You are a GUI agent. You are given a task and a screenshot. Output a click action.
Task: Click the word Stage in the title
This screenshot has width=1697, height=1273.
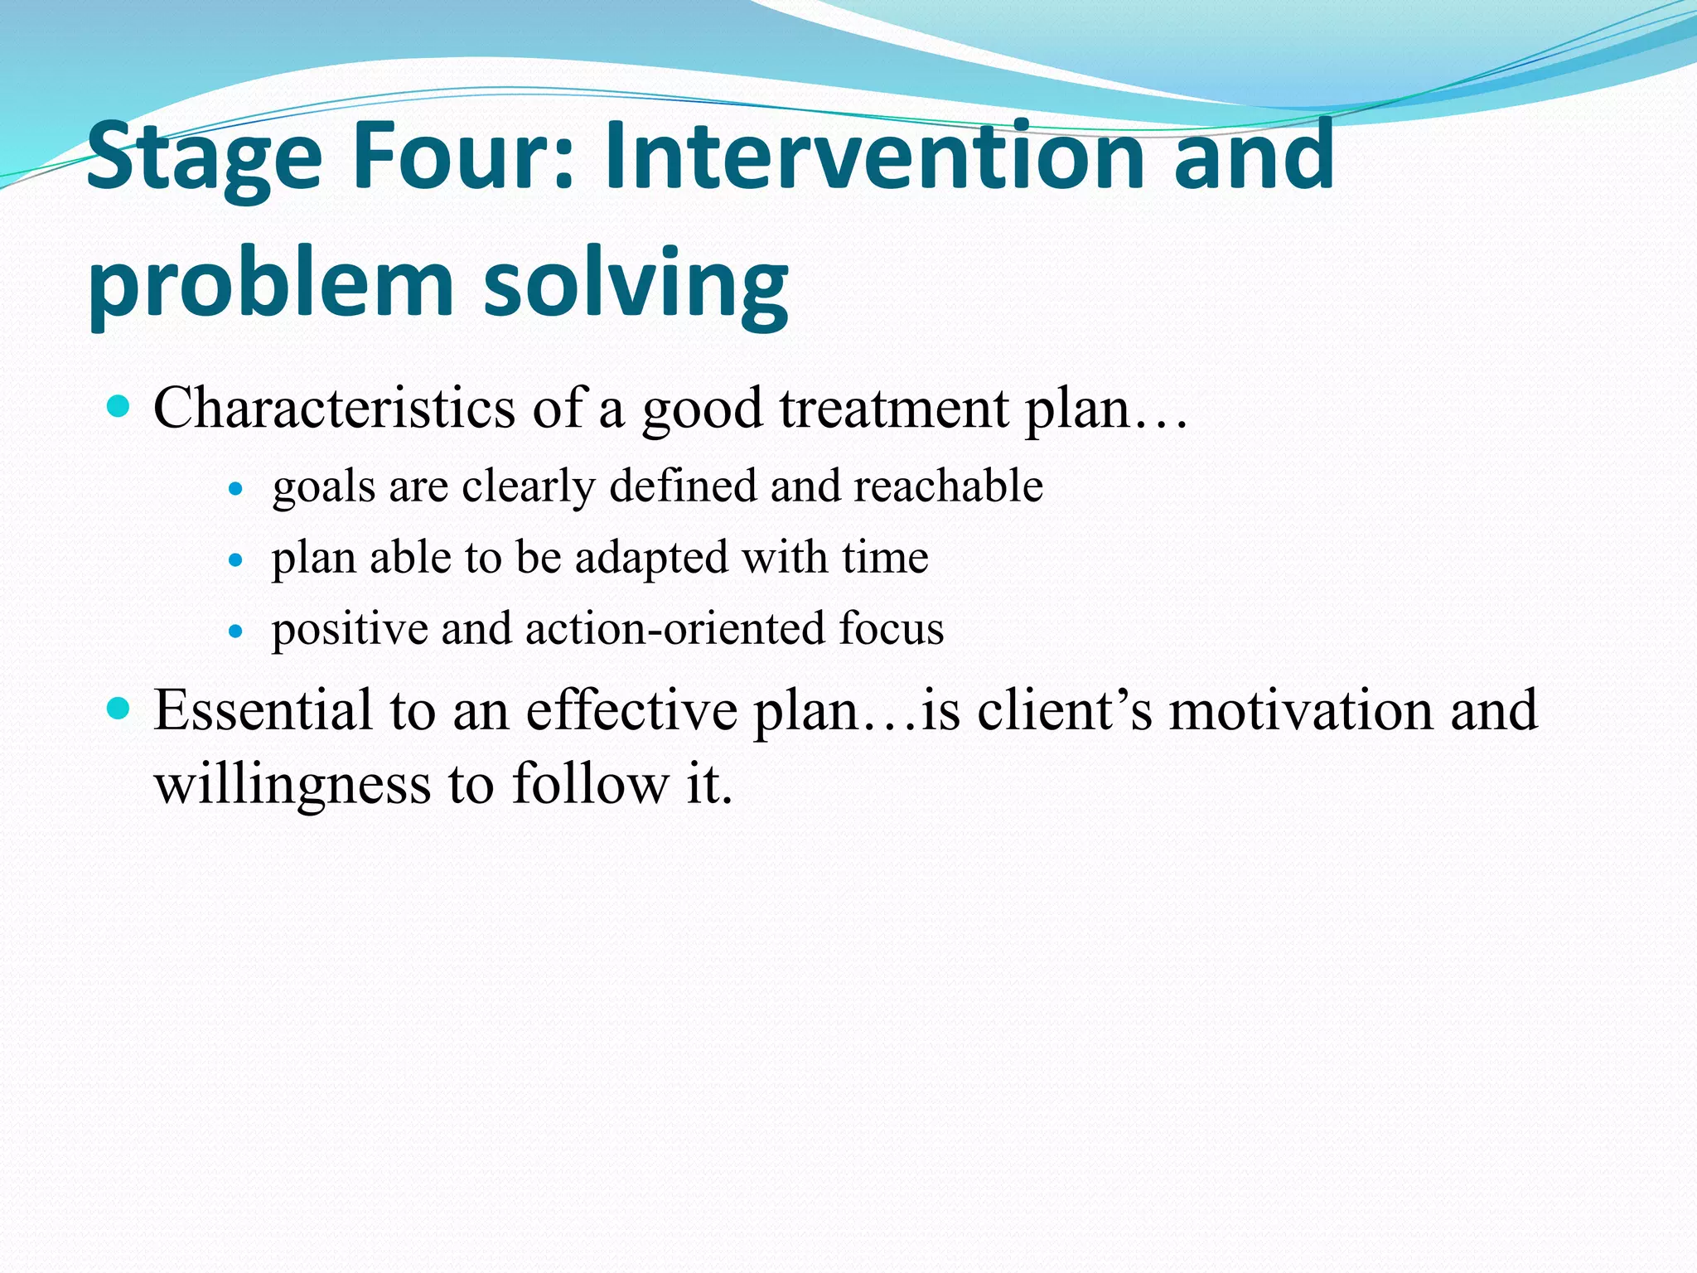[x=204, y=157]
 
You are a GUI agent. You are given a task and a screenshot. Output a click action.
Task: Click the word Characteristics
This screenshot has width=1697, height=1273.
[x=334, y=408]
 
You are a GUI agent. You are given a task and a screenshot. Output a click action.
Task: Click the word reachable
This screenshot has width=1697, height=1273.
[x=948, y=486]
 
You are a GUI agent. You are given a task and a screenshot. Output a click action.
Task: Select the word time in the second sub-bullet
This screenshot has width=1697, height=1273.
[x=885, y=557]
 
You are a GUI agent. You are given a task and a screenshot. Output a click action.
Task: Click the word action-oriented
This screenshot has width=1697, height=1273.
[x=674, y=628]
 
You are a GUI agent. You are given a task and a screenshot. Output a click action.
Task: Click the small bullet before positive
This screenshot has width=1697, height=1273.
[x=236, y=632]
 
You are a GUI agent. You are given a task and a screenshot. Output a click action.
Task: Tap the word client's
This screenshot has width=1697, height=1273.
[x=1064, y=710]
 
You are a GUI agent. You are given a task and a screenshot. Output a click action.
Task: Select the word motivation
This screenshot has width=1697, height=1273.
[x=1300, y=710]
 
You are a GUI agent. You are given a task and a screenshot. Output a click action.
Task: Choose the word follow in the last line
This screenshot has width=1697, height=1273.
[x=590, y=783]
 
